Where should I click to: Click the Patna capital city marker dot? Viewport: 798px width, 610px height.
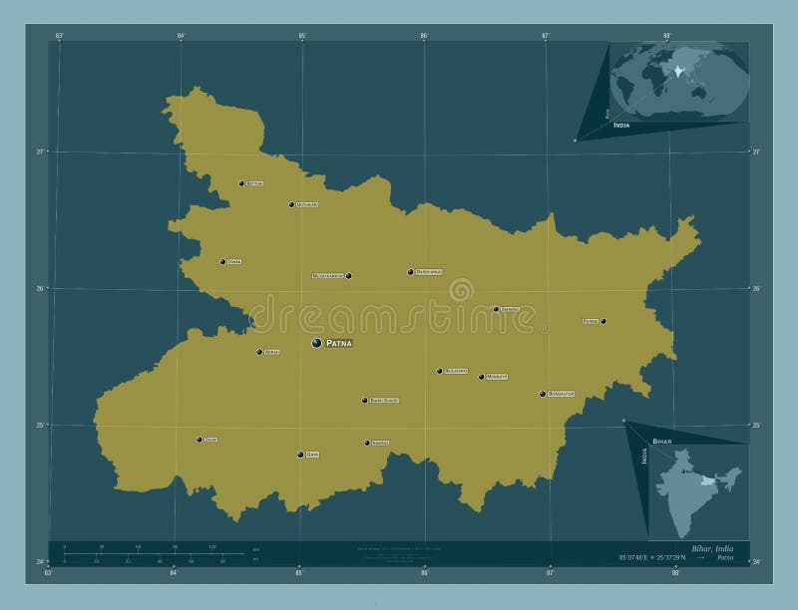tap(316, 342)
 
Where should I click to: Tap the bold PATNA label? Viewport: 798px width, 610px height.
tap(339, 343)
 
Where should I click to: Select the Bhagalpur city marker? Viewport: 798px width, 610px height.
tap(543, 394)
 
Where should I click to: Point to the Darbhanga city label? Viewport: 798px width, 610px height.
tap(429, 272)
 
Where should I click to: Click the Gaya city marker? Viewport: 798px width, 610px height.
tap(300, 455)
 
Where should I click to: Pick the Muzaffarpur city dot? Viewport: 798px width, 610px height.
tap(348, 276)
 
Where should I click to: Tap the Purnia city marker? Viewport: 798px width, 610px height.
tap(603, 321)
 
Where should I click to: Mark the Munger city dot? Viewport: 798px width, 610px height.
tap(481, 377)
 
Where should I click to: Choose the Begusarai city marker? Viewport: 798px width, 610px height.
tap(439, 371)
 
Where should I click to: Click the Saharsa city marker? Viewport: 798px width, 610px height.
tap(496, 309)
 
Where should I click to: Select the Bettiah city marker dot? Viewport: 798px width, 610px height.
tap(241, 183)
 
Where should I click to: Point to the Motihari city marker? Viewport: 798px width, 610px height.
tap(291, 204)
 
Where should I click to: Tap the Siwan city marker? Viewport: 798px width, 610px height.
tap(222, 262)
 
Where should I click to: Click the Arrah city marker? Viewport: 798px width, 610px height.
tap(259, 352)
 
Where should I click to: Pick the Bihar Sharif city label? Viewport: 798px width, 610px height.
tap(384, 401)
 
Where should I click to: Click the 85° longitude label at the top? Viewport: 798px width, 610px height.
tap(302, 36)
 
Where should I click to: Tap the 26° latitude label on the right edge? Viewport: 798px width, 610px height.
tap(756, 289)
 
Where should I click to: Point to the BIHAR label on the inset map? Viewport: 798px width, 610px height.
tap(662, 440)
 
